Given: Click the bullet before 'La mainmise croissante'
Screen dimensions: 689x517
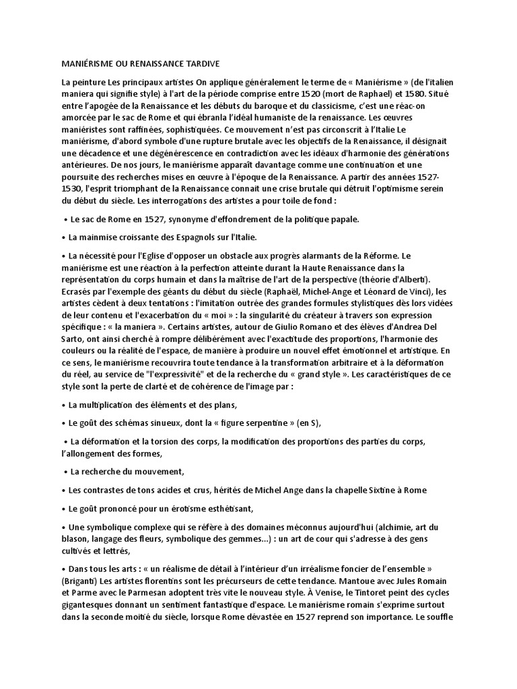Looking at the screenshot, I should click(x=63, y=237).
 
